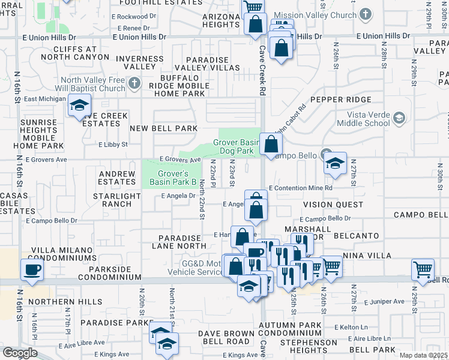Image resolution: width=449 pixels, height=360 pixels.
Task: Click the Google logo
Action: pos(20,353)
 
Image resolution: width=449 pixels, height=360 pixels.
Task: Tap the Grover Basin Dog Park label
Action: pos(238,147)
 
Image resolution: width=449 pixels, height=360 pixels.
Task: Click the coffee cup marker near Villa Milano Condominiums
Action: pos(32,270)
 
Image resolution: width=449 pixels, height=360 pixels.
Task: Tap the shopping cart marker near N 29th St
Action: pos(423,270)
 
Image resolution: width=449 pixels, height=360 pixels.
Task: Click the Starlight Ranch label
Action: pos(112,200)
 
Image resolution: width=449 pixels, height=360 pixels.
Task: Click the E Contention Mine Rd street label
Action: pos(301,188)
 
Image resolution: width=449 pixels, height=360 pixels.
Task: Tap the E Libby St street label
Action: pos(113,145)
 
